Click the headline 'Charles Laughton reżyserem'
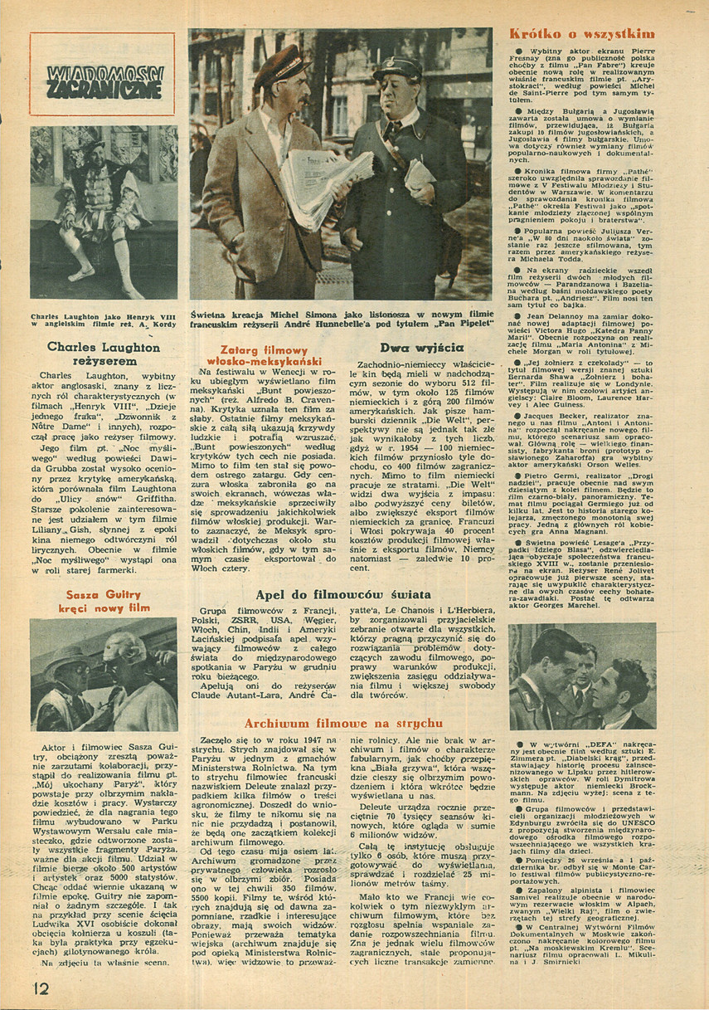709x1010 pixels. point(104,354)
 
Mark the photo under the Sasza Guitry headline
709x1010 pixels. point(104,674)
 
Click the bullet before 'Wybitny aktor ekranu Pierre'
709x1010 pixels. point(517,51)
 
